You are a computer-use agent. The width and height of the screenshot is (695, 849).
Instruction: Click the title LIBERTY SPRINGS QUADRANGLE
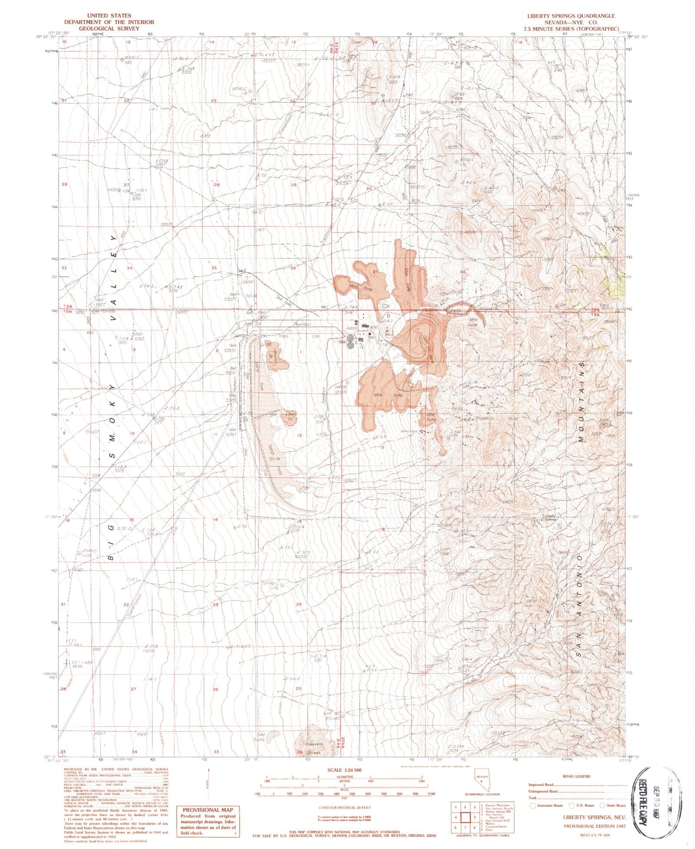pyautogui.click(x=571, y=16)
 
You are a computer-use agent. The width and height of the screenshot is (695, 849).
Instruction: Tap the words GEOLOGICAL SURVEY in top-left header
pyautogui.click(x=109, y=28)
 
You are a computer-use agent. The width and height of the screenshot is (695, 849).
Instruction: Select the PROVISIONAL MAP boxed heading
pyautogui.click(x=208, y=810)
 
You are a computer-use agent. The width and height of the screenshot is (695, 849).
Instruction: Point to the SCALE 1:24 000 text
pyautogui.click(x=345, y=770)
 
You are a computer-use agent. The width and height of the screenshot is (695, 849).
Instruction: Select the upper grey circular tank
pyautogui.click(x=350, y=338)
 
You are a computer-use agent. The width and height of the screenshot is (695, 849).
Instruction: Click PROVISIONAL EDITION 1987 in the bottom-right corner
pyautogui.click(x=594, y=826)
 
